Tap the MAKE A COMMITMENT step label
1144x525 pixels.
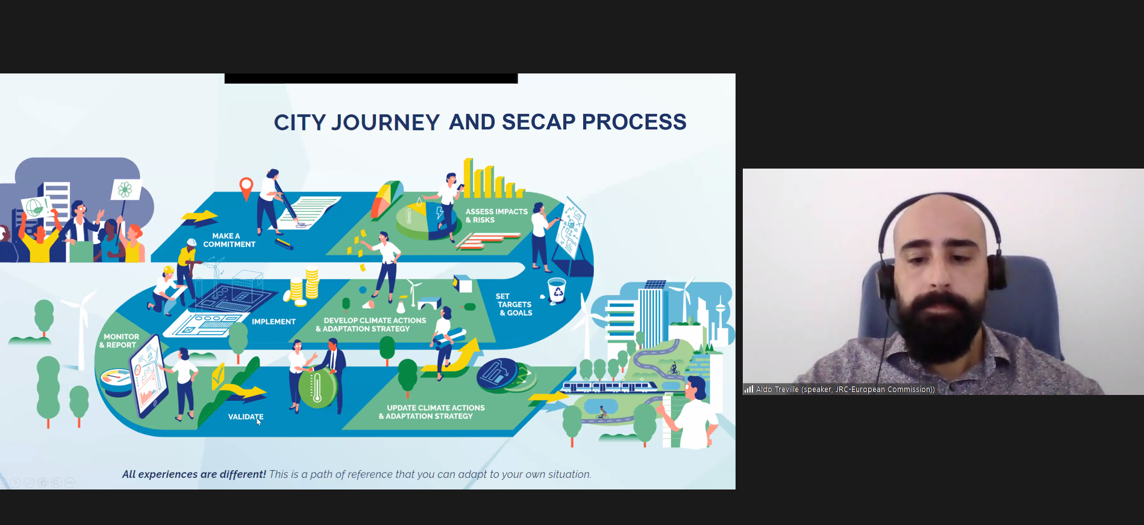coord(230,240)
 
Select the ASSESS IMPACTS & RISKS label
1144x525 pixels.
coord(496,216)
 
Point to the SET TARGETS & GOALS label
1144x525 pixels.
coord(514,305)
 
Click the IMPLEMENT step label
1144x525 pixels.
coord(273,322)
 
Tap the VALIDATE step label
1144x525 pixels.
coord(246,417)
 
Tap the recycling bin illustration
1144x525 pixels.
coord(557,290)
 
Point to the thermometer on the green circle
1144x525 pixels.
coord(317,388)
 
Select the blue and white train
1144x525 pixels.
coord(610,387)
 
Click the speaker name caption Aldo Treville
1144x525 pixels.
coord(845,390)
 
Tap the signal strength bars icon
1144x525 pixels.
coord(749,390)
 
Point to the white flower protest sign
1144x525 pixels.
coord(125,190)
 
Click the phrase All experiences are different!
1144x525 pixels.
coord(194,474)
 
